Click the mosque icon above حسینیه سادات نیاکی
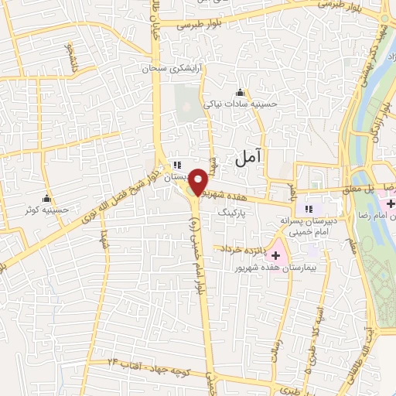point(240,93)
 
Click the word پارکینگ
point(236,210)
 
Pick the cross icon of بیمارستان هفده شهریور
point(276,254)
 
